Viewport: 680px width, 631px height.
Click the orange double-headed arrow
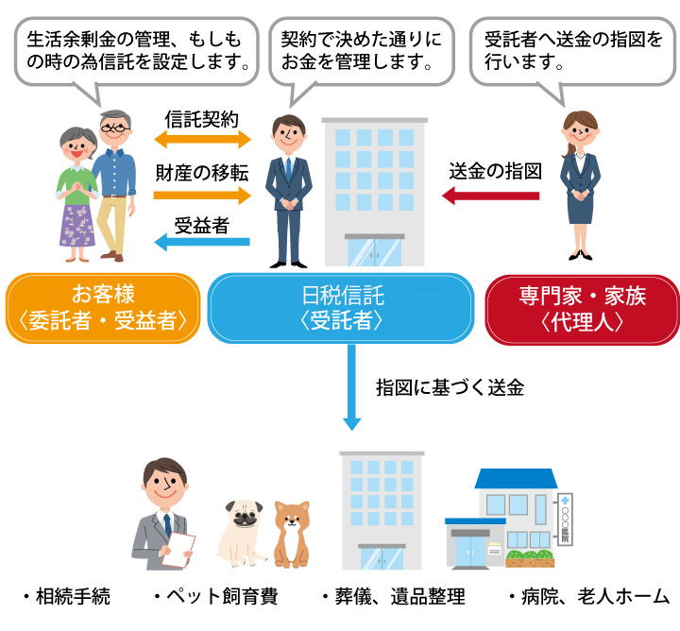[x=203, y=140]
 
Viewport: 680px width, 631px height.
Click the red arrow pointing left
[x=490, y=196]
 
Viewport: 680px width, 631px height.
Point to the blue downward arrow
[x=351, y=387]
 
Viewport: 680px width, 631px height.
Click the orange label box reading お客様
[x=103, y=308]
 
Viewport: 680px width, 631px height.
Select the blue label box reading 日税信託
[x=340, y=308]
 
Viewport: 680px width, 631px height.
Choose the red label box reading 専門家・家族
[x=581, y=308]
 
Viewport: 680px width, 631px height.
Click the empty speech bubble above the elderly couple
[x=136, y=52]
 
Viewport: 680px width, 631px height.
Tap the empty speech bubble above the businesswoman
[x=572, y=52]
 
